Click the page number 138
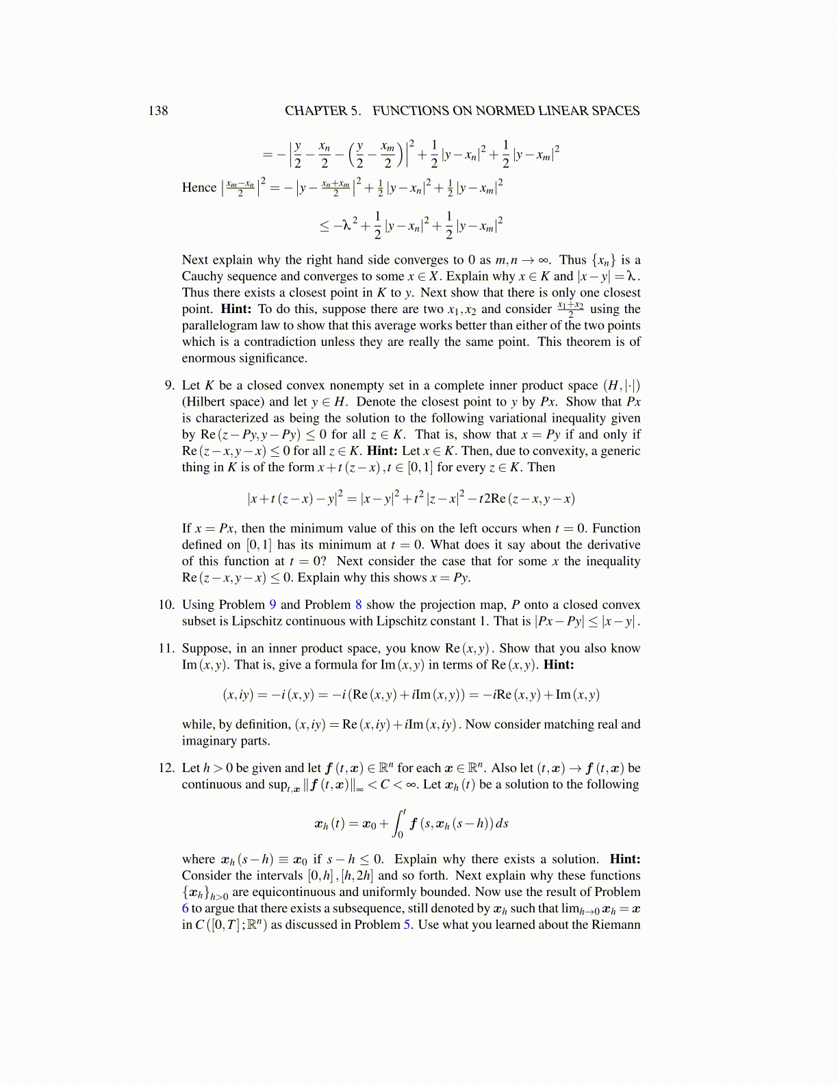158,111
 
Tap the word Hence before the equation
199,188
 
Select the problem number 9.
169,386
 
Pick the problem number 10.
166,605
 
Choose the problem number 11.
166,649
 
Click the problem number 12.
166,768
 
